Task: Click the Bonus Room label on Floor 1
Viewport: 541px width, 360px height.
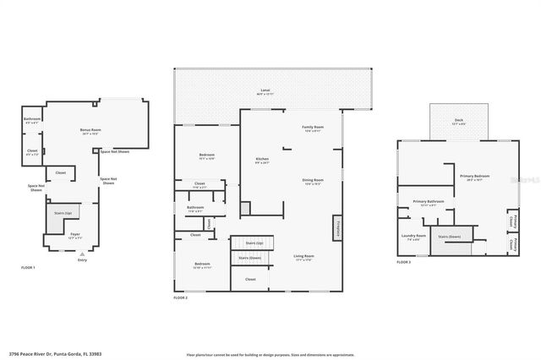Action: pyautogui.click(x=90, y=130)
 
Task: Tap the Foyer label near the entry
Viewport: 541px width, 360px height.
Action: pyautogui.click(x=75, y=236)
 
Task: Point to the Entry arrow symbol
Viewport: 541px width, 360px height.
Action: pyautogui.click(x=82, y=253)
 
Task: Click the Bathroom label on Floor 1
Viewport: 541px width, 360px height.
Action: pyautogui.click(x=32, y=119)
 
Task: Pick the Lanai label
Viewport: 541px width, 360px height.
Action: pyautogui.click(x=265, y=90)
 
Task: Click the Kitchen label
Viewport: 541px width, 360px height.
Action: pyautogui.click(x=263, y=160)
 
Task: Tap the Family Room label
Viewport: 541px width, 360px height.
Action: pyautogui.click(x=313, y=128)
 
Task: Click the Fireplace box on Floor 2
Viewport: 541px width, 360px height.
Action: pyautogui.click(x=338, y=227)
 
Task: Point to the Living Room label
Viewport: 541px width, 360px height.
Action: pyautogui.click(x=304, y=257)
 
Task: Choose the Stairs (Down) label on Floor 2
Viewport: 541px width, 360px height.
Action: pyautogui.click(x=249, y=258)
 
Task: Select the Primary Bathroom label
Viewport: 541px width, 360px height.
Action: pyautogui.click(x=429, y=201)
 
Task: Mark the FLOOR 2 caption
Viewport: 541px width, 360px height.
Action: pyautogui.click(x=181, y=297)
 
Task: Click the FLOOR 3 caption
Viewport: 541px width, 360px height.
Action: pyautogui.click(x=403, y=263)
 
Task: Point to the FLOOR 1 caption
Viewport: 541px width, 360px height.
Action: pyautogui.click(x=29, y=267)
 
